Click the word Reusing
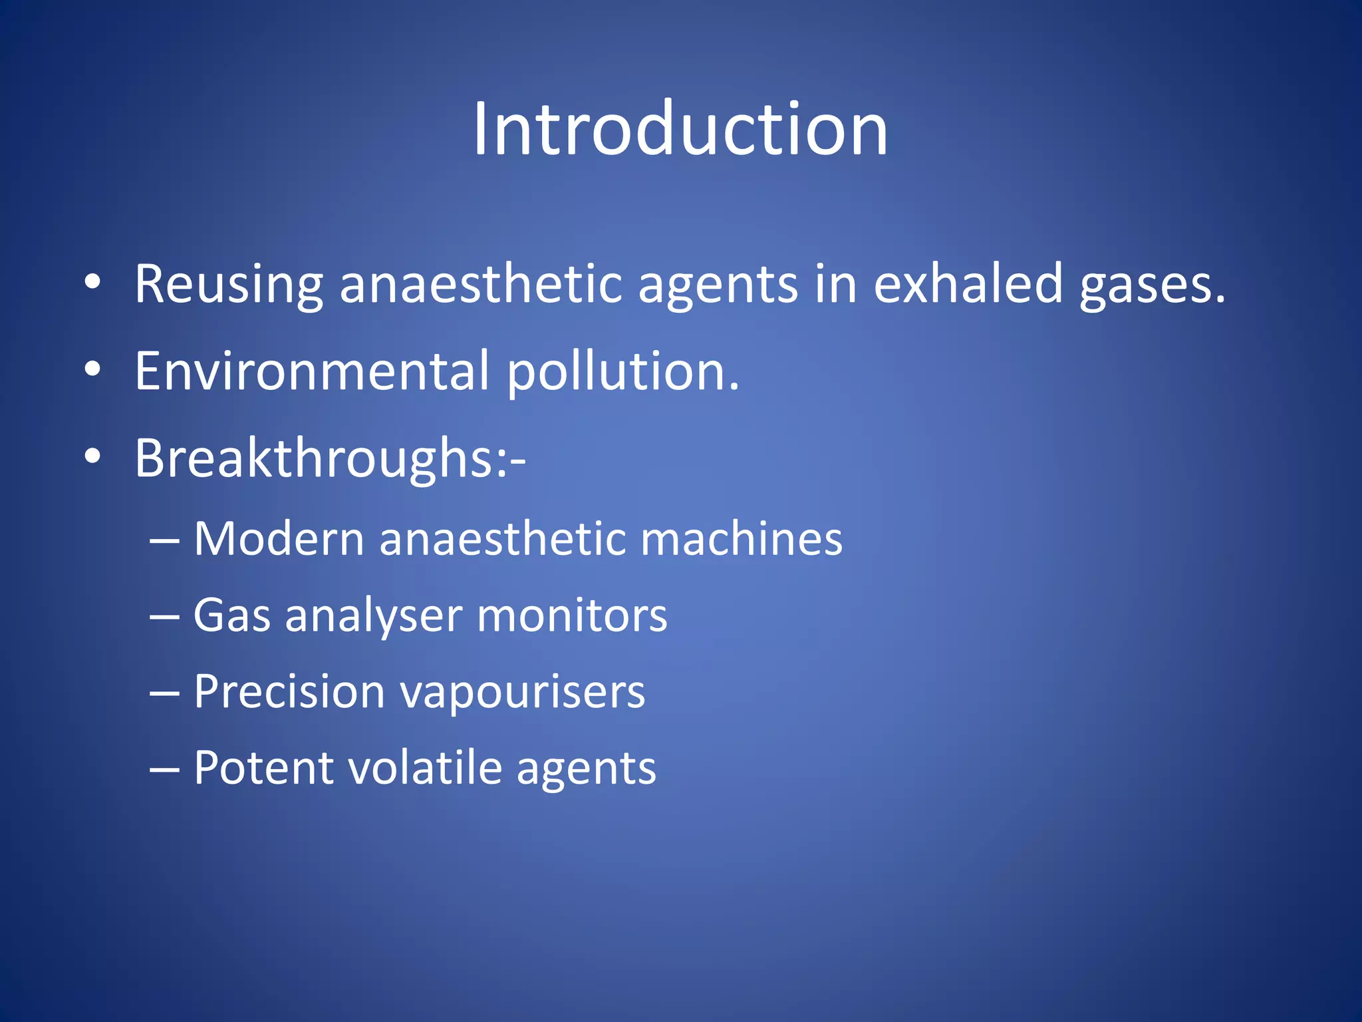click(228, 285)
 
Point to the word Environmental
click(312, 371)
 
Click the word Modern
click(278, 538)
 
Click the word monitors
click(572, 615)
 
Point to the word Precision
click(289, 691)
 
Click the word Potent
click(263, 768)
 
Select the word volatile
click(425, 768)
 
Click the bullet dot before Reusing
click(92, 282)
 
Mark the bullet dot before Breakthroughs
click(92, 456)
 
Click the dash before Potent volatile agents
click(164, 770)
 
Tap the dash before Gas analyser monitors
click(164, 617)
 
